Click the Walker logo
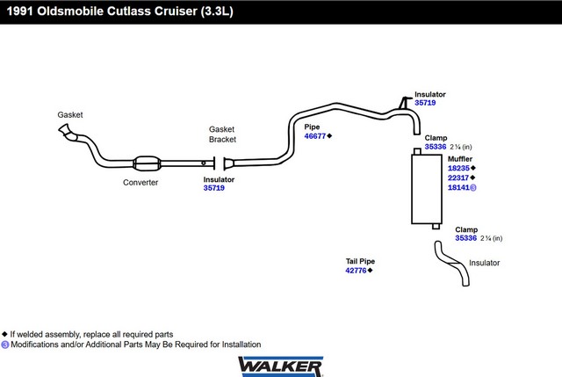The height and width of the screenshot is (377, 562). pyautogui.click(x=281, y=366)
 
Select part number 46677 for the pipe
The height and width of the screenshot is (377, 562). pyautogui.click(x=314, y=136)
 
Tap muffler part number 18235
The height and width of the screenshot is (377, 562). pyautogui.click(x=458, y=168)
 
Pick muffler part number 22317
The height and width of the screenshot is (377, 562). pyautogui.click(x=458, y=178)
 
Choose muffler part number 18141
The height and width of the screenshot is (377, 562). pyautogui.click(x=458, y=187)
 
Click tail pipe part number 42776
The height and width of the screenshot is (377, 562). pyautogui.click(x=356, y=271)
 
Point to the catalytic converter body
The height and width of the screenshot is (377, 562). pyautogui.click(x=147, y=163)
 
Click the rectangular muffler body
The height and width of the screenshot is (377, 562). pyautogui.click(x=427, y=189)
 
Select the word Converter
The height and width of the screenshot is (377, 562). pyautogui.click(x=140, y=183)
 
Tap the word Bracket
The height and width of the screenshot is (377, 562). pyautogui.click(x=222, y=140)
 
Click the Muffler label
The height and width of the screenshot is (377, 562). pyautogui.click(x=460, y=159)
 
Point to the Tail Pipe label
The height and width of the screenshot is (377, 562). pyautogui.click(x=360, y=261)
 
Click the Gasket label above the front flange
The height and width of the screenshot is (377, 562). pyautogui.click(x=70, y=115)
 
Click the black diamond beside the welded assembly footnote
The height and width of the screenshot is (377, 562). pyautogui.click(x=4, y=334)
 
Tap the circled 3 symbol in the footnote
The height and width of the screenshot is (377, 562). pyautogui.click(x=5, y=344)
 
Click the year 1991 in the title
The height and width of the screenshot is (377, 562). pyautogui.click(x=19, y=11)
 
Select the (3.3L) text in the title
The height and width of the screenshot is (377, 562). pyautogui.click(x=217, y=11)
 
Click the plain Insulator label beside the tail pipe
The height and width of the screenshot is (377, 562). pyautogui.click(x=484, y=263)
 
